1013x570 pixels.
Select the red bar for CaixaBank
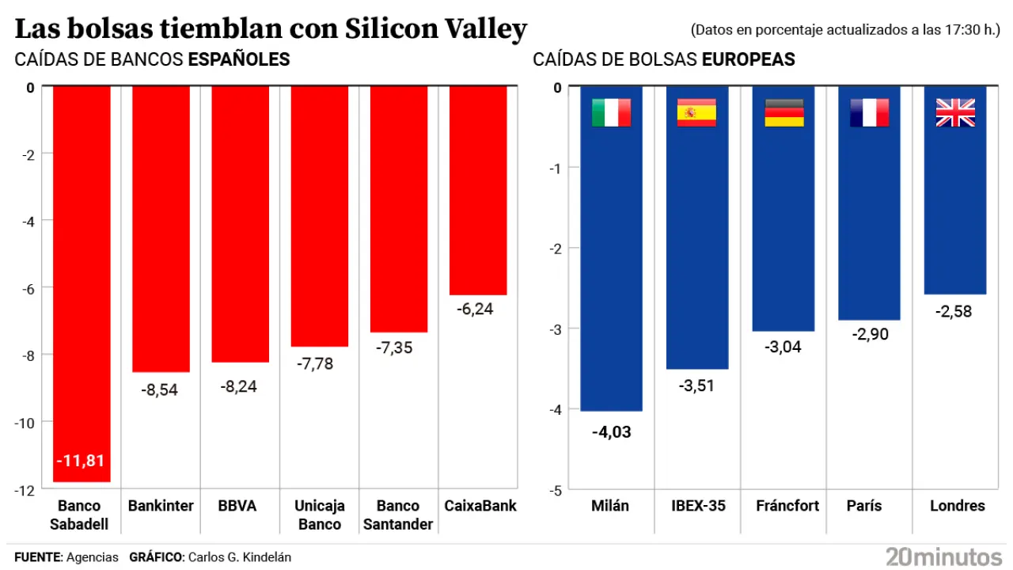(x=478, y=190)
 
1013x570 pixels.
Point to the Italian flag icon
(x=611, y=113)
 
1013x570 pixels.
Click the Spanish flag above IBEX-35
(x=696, y=113)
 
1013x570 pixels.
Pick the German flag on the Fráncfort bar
(x=783, y=113)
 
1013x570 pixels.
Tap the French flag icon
(x=869, y=113)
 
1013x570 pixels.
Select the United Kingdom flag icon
(x=955, y=113)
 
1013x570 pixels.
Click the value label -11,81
(x=80, y=461)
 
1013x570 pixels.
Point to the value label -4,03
(x=611, y=432)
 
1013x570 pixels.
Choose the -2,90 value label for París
(x=869, y=335)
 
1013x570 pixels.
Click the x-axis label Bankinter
(x=161, y=506)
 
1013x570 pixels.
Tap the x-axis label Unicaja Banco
(x=320, y=515)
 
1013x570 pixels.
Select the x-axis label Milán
(x=610, y=506)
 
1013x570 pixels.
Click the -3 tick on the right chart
(x=554, y=329)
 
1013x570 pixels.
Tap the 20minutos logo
(x=943, y=556)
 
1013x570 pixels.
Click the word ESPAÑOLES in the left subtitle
(x=239, y=59)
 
